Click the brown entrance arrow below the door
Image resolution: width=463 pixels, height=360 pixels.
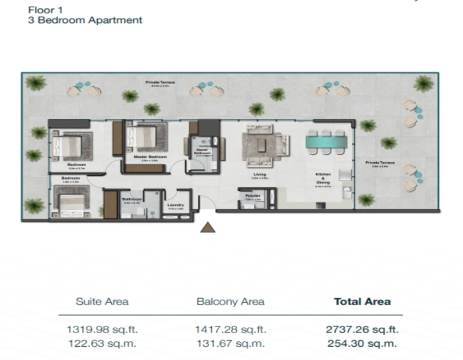coord(208,227)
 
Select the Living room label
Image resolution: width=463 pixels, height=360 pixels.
coord(259,174)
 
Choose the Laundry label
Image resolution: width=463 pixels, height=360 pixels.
coord(175,205)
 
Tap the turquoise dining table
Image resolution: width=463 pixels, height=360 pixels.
coord(326,142)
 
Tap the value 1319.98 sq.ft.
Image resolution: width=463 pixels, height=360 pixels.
coord(101,329)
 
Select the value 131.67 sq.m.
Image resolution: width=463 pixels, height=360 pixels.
coord(230,344)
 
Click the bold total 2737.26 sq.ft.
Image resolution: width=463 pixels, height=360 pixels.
coord(362,329)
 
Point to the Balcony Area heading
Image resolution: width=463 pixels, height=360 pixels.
coord(230,301)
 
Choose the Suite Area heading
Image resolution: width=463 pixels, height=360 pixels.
coord(101,301)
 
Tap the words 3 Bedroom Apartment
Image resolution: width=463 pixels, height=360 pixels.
coord(85,20)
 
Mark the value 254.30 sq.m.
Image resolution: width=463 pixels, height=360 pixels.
coord(362,344)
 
